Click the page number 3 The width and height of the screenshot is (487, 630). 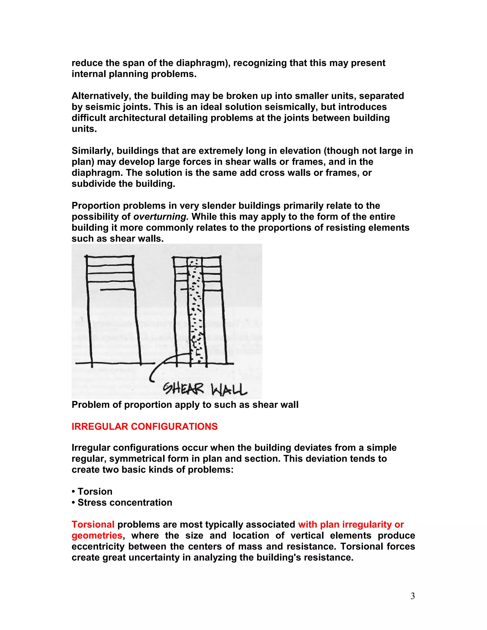pyautogui.click(x=413, y=596)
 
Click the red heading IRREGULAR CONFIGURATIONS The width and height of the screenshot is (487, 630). pyautogui.click(x=145, y=427)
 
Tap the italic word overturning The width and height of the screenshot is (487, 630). pyautogui.click(x=161, y=217)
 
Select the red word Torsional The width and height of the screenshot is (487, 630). pyautogui.click(x=93, y=524)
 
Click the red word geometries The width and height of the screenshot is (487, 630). pyautogui.click(x=97, y=535)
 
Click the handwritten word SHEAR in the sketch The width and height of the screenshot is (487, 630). pyautogui.click(x=184, y=389)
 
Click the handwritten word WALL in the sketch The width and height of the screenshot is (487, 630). pyautogui.click(x=229, y=390)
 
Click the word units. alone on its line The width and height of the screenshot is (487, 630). pyautogui.click(x=84, y=129)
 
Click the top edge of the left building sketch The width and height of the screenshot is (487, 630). pyautogui.click(x=110, y=256)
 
